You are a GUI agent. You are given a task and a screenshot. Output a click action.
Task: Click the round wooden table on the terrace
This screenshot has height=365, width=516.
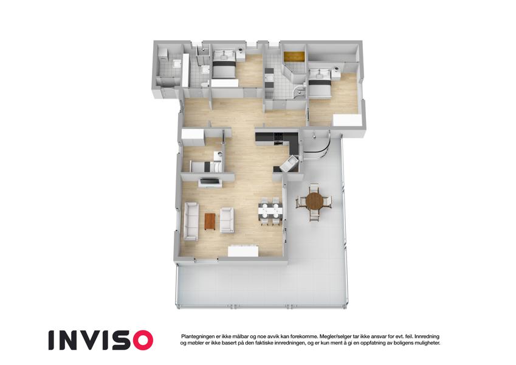[x=314, y=201]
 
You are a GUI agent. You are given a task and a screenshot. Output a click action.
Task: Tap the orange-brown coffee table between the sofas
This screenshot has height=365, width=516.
[x=210, y=221]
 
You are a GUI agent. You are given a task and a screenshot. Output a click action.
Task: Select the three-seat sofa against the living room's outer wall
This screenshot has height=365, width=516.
[x=191, y=221]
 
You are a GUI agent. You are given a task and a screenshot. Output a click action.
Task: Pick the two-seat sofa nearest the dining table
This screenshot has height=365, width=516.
[x=227, y=220]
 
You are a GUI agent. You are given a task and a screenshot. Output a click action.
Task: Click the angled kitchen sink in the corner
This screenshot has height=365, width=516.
[x=289, y=164]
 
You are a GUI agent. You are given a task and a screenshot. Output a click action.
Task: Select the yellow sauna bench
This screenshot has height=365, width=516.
[x=294, y=56]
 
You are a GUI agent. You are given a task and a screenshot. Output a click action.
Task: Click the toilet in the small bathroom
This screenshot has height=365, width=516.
[x=204, y=85]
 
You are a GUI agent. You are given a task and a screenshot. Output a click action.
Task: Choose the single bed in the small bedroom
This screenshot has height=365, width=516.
[x=205, y=167]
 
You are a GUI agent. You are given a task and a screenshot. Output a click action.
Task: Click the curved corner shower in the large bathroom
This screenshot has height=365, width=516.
[x=300, y=92]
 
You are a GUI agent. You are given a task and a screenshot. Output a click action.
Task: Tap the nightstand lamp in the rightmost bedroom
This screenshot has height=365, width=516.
[x=336, y=69]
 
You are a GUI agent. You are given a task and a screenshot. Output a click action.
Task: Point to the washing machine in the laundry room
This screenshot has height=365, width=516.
[x=163, y=54]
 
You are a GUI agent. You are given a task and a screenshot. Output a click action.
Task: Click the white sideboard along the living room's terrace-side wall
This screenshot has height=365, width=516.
[x=243, y=251]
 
